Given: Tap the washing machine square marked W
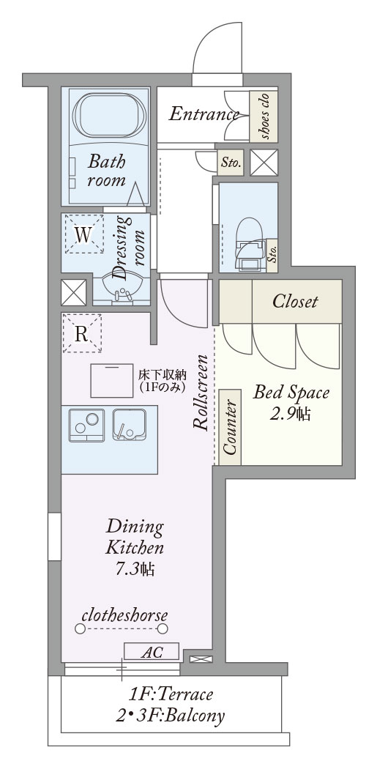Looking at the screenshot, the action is [84, 234].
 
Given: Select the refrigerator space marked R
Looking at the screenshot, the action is [82, 333].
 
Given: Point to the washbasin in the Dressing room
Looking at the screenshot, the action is [121, 289].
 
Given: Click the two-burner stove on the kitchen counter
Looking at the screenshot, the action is [86, 425].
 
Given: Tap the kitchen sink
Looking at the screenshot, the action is [129, 424].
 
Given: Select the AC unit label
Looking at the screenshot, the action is [151, 652].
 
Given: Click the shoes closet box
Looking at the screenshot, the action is [264, 116].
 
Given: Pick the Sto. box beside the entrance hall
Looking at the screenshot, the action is [231, 162].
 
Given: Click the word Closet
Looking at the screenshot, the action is [295, 301].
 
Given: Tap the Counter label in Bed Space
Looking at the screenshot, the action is [230, 427].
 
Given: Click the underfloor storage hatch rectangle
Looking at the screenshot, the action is [112, 381].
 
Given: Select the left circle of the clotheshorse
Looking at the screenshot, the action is [80, 628].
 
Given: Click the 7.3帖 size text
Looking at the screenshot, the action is [135, 568].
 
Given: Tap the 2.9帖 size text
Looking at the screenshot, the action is [291, 414].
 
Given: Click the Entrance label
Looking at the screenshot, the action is [204, 114].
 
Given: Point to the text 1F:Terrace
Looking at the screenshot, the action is [171, 694].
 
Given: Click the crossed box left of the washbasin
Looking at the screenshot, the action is [73, 292].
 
